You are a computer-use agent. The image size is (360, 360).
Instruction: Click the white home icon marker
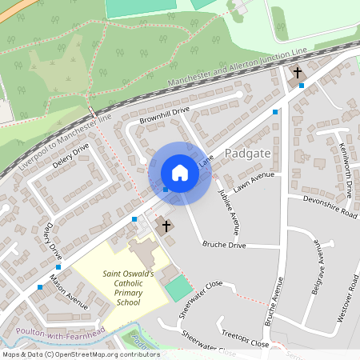click(179, 173)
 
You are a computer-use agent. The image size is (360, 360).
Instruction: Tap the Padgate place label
click(250, 153)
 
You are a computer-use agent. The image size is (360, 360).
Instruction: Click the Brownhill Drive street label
click(164, 114)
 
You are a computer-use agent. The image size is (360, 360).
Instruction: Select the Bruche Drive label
click(223, 245)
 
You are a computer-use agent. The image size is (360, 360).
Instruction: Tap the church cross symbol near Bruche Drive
click(166, 226)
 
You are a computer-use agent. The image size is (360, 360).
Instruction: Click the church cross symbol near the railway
click(298, 73)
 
